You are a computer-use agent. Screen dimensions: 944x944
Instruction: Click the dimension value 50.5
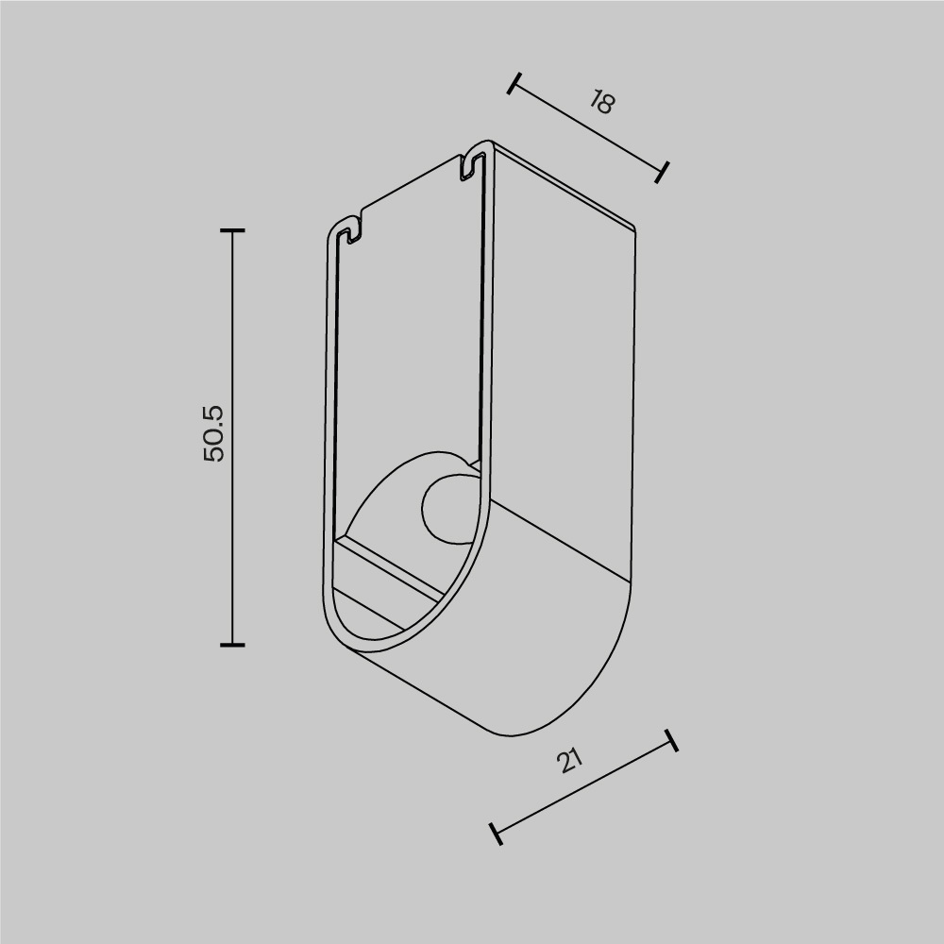214,433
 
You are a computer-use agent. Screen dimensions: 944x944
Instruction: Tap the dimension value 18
600,102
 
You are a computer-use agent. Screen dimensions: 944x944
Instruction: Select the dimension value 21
568,760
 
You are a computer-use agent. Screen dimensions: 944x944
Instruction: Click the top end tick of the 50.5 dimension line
232,230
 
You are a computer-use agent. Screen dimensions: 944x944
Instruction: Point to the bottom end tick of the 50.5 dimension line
232,645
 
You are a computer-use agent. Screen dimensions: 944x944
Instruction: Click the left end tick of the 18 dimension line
514,84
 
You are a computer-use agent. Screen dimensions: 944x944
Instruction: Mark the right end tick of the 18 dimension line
663,172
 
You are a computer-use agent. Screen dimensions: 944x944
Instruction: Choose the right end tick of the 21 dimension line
671,740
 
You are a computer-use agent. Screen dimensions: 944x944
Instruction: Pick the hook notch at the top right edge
469,164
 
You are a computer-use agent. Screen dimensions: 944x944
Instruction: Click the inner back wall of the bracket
411,330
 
